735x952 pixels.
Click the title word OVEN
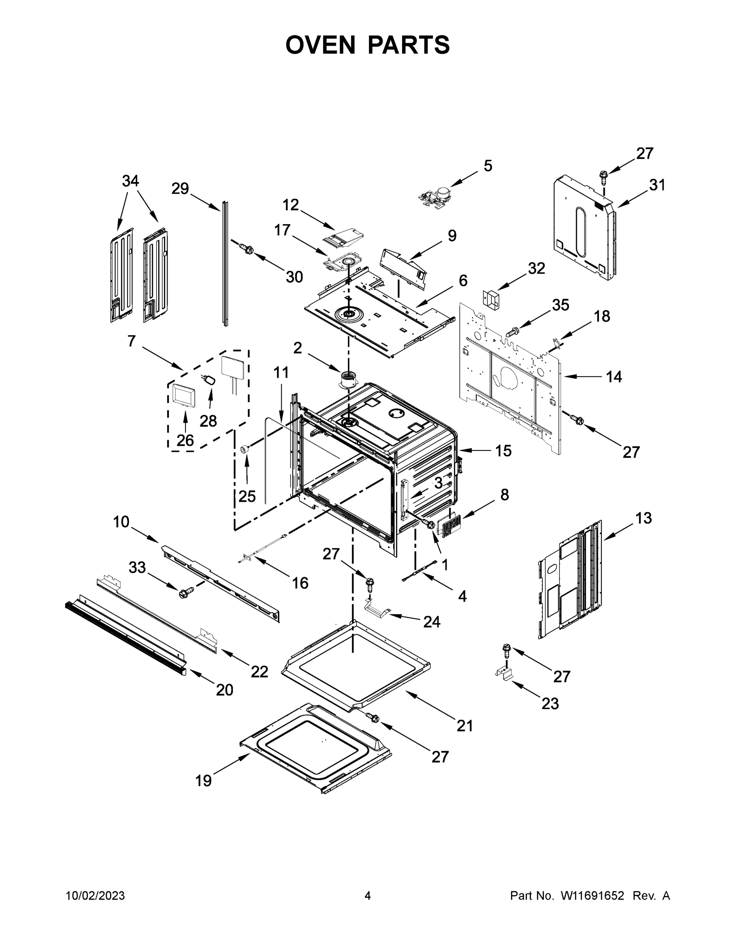click(321, 45)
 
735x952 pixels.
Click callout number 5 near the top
click(488, 166)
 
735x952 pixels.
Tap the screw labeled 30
click(247, 248)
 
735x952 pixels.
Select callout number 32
click(536, 269)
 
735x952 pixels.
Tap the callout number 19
click(203, 781)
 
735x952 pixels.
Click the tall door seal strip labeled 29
click(225, 264)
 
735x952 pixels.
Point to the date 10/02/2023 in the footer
click(95, 896)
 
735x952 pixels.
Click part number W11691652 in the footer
click(592, 896)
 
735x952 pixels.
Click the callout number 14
click(614, 376)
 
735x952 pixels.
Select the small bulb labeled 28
click(210, 380)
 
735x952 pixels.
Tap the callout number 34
click(130, 180)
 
